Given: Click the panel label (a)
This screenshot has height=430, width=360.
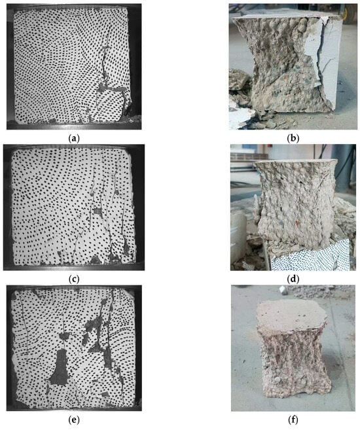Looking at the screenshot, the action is (74, 139).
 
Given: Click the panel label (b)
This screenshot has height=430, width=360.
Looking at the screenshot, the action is (293, 139).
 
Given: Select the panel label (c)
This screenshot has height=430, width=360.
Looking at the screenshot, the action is (74, 279).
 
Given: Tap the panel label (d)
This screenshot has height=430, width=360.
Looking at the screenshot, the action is (293, 279).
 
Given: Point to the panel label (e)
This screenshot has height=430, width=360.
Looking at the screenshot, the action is (74, 420).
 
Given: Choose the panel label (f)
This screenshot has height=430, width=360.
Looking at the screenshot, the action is (293, 420).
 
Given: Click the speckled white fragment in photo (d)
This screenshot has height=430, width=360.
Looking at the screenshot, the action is (310, 257).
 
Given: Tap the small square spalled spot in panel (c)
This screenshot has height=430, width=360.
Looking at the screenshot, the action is (98, 211).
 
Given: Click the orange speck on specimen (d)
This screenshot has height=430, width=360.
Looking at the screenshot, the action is (297, 222).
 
